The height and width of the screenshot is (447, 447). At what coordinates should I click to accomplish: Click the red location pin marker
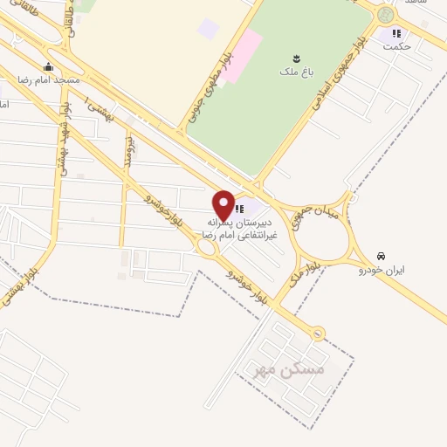tap(223, 204)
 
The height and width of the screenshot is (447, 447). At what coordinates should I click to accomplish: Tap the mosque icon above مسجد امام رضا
tap(48, 67)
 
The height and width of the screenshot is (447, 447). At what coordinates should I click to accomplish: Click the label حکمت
tap(396, 46)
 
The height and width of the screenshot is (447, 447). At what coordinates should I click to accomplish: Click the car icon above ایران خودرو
tap(381, 256)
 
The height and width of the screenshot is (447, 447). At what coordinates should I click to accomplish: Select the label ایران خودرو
tap(380, 270)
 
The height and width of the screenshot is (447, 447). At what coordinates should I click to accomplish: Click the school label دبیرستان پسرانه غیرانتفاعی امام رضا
tap(239, 229)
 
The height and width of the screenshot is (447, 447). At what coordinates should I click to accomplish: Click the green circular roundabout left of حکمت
tap(386, 15)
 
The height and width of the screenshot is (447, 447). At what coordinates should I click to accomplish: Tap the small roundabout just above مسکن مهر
tap(318, 333)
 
